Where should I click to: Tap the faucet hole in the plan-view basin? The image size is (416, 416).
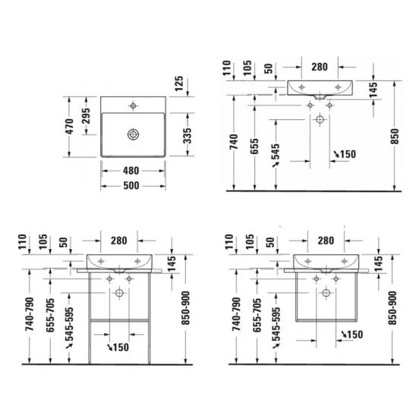(134, 105)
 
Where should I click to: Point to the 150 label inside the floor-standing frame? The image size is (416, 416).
(118, 348)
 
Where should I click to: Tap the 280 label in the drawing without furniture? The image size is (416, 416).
(320, 67)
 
